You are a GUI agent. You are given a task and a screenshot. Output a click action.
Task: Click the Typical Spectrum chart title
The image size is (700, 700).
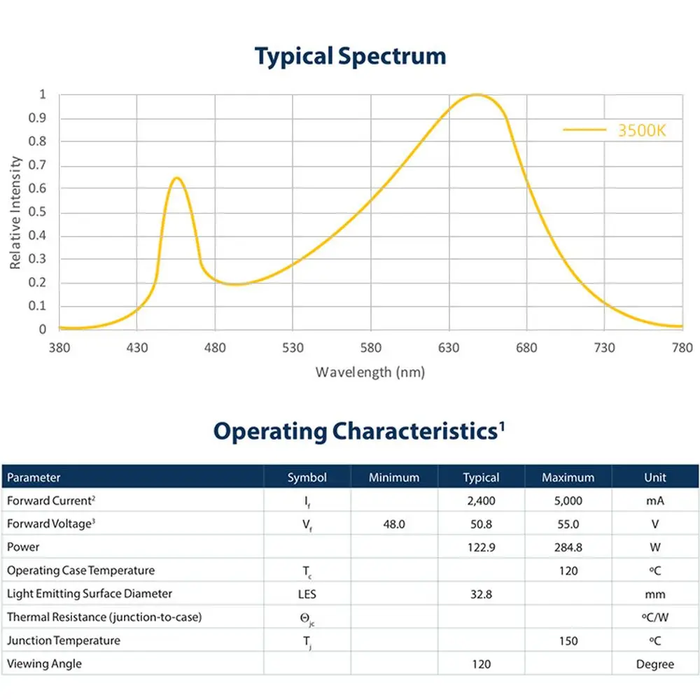pyautogui.click(x=350, y=56)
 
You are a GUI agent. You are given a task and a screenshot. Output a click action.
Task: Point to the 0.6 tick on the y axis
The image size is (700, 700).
pyautogui.click(x=42, y=188)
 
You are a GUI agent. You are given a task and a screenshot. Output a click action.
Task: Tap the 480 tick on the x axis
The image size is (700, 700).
pyautogui.click(x=215, y=348)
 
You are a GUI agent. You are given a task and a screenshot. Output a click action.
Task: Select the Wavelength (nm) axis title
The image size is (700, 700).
pyautogui.click(x=370, y=372)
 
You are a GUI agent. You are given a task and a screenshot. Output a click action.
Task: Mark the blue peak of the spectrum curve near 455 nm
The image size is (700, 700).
pyautogui.click(x=177, y=178)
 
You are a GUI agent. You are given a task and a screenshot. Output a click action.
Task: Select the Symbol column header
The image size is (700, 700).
pyautogui.click(x=307, y=477)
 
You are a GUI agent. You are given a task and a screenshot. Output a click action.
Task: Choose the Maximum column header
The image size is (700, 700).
pyautogui.click(x=568, y=477)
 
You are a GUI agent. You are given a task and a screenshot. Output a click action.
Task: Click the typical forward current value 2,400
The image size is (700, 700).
pyautogui.click(x=481, y=500)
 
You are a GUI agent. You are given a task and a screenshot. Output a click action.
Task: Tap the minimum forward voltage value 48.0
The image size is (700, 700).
pyautogui.click(x=394, y=524)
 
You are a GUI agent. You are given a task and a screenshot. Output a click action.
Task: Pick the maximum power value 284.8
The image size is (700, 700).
pyautogui.click(x=568, y=547)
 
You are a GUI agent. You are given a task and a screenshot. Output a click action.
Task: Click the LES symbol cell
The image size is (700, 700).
pyautogui.click(x=307, y=594)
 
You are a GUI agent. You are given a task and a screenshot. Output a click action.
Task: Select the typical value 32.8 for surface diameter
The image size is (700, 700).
pyautogui.click(x=481, y=594)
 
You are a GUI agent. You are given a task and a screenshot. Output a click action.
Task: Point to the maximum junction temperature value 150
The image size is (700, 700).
pyautogui.click(x=568, y=640)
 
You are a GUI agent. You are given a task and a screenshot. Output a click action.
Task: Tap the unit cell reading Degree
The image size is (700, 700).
pyautogui.click(x=654, y=664)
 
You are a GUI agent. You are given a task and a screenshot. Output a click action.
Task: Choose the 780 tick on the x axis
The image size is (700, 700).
pyautogui.click(x=682, y=348)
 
